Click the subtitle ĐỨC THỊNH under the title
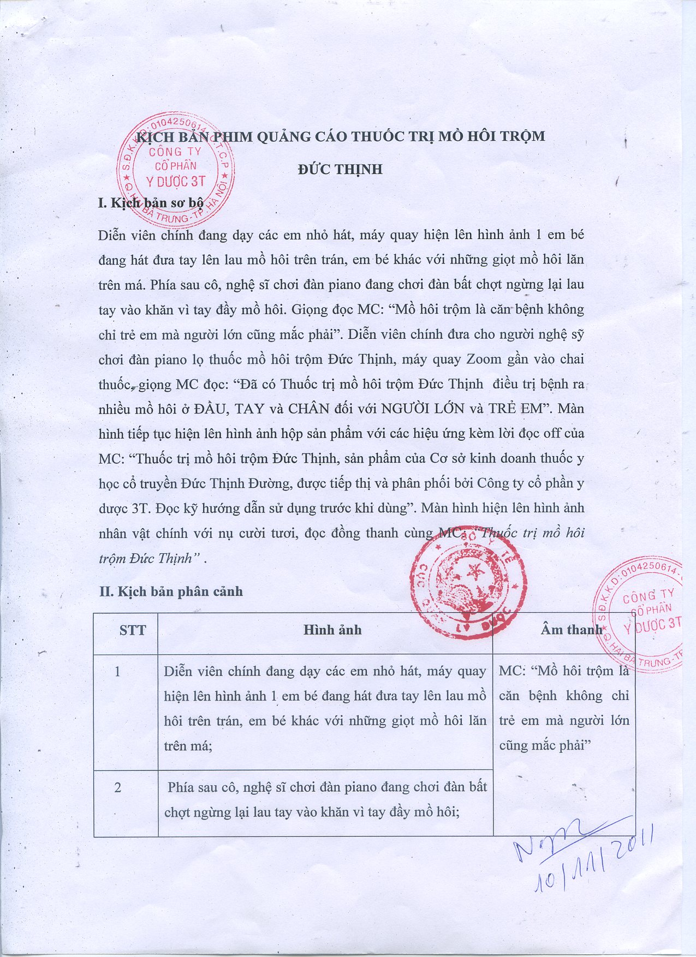[340, 169]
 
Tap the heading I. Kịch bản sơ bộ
[151, 203]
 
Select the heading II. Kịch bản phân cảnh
[171, 591]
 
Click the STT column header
[133, 631]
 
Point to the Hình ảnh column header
[332, 630]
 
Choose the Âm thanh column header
[571, 630]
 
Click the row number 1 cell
[117, 672]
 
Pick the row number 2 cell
[117, 787]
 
